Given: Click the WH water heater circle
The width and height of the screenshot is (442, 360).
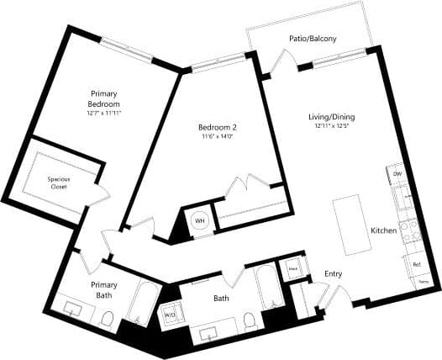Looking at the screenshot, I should click(200, 220).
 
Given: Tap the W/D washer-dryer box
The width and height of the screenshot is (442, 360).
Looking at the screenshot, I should click(171, 315).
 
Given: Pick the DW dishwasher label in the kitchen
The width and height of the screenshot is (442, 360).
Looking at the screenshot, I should click(397, 174).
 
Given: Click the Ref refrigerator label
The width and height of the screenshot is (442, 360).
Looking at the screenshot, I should click(416, 264).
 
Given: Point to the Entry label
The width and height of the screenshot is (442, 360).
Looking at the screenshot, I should click(334, 274).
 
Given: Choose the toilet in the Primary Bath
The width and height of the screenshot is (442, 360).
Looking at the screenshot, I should click(107, 319).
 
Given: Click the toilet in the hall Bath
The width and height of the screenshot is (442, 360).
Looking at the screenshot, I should click(250, 320).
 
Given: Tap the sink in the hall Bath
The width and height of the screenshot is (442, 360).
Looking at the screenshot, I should click(209, 334).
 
